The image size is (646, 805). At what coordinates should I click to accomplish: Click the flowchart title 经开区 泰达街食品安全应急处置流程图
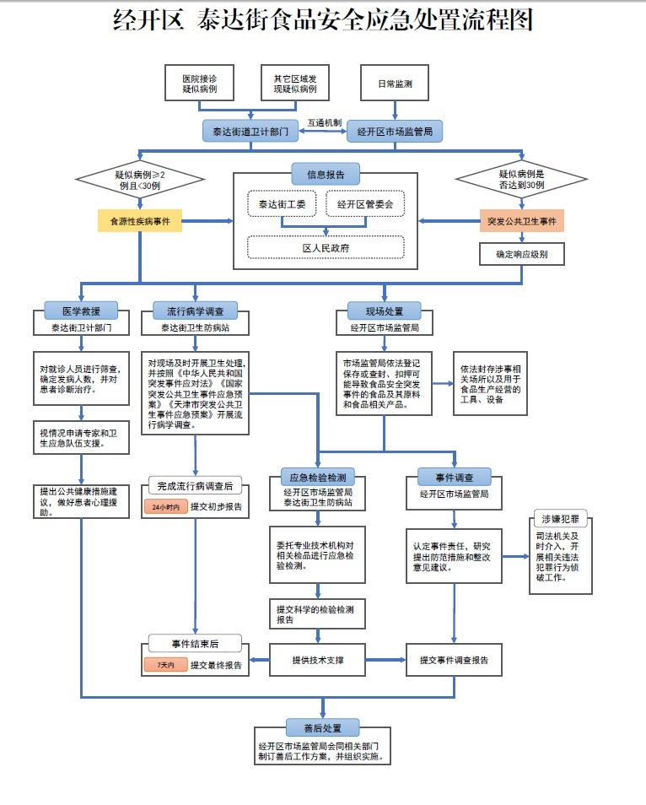tap(323, 21)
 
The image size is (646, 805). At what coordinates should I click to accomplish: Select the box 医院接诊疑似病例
tap(200, 84)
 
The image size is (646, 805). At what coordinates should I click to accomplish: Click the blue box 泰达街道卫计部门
tap(250, 132)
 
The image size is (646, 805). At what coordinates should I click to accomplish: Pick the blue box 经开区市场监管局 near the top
tap(395, 132)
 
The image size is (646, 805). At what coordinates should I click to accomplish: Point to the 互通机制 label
tap(324, 122)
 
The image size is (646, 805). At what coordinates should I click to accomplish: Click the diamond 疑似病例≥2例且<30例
tap(140, 179)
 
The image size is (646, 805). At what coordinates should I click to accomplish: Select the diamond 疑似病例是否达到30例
tap(522, 179)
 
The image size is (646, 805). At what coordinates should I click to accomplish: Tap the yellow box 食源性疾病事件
tap(140, 221)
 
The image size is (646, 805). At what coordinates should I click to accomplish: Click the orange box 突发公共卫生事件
tap(522, 221)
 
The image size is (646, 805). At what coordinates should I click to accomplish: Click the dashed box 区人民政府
tap(326, 247)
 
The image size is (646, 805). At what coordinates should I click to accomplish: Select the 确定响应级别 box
tap(522, 253)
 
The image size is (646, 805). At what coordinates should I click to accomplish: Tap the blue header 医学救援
tap(82, 311)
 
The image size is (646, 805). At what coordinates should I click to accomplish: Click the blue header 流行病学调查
tap(196, 311)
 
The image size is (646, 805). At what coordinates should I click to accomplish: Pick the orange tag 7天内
tap(165, 665)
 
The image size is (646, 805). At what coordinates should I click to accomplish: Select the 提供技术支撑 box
tap(317, 659)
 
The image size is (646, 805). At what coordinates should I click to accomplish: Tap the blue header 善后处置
tap(323, 727)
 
